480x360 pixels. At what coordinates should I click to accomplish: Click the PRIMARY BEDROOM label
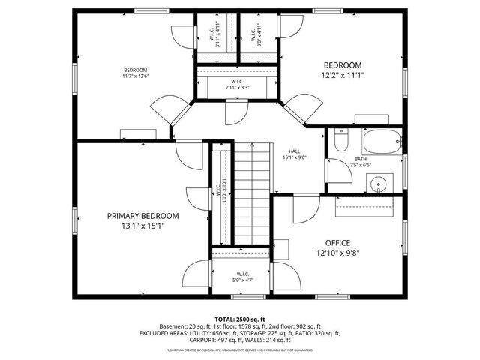(142, 215)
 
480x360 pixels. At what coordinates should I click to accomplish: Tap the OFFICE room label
(337, 242)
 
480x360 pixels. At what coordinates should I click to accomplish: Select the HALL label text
(295, 151)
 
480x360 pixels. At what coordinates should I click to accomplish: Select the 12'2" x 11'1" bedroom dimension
(342, 75)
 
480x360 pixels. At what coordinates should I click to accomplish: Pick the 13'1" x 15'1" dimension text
(142, 225)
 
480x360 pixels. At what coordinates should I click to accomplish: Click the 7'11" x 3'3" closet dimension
(236, 87)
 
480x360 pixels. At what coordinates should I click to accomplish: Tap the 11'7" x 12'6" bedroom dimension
(136, 76)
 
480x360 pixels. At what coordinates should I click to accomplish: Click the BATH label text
(360, 159)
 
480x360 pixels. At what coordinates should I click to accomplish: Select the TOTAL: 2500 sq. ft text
(240, 319)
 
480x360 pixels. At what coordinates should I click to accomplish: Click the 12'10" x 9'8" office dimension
(337, 253)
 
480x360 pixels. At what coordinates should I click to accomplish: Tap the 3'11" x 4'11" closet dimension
(217, 37)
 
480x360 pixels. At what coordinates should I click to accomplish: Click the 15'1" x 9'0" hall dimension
(295, 157)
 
